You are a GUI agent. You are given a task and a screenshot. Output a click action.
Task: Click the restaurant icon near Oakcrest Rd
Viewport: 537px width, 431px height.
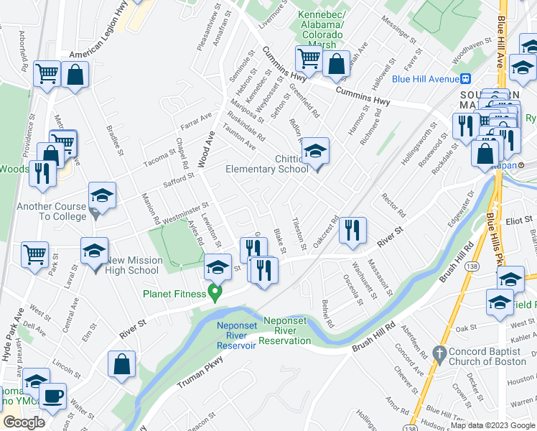click(352, 230)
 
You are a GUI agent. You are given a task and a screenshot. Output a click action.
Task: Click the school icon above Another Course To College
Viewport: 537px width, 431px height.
click(103, 196)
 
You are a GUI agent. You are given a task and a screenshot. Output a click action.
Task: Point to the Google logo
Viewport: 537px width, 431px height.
click(24, 422)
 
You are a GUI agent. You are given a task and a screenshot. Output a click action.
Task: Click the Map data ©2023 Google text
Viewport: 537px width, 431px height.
click(492, 425)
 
